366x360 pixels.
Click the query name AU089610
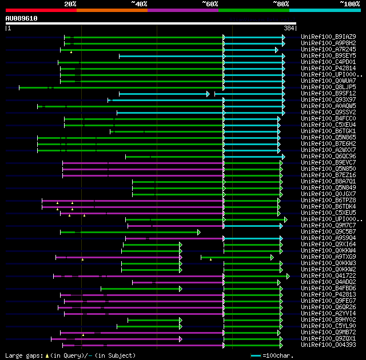point(22,18)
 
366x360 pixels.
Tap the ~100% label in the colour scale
point(349,3)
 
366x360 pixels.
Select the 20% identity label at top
point(70,3)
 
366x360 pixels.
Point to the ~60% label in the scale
point(210,3)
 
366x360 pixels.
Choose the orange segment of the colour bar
point(112,10)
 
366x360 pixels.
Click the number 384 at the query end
point(289,28)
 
